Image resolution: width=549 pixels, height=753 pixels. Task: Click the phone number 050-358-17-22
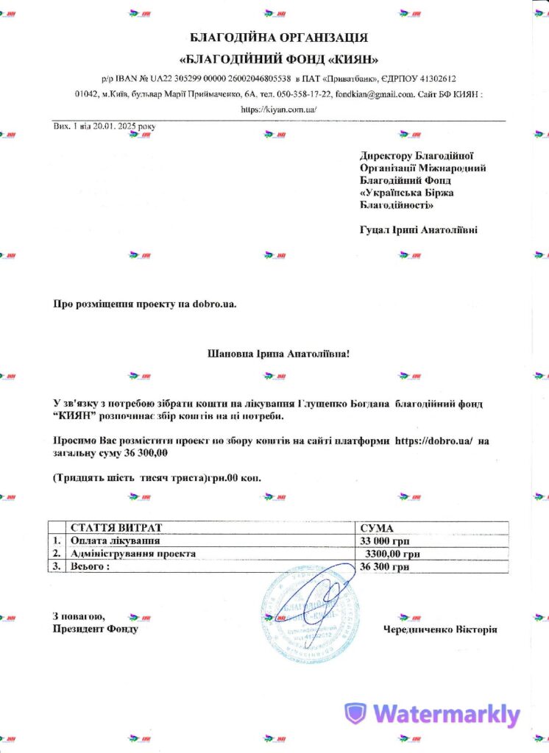[302, 94]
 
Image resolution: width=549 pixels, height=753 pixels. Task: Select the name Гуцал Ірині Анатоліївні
[418, 230]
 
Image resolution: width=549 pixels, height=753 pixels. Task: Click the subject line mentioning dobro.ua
[145, 303]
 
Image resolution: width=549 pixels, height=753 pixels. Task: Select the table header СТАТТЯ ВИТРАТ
[116, 528]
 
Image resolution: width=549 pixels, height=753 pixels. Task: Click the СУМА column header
[377, 528]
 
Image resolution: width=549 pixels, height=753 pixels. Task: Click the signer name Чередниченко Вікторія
[440, 629]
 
